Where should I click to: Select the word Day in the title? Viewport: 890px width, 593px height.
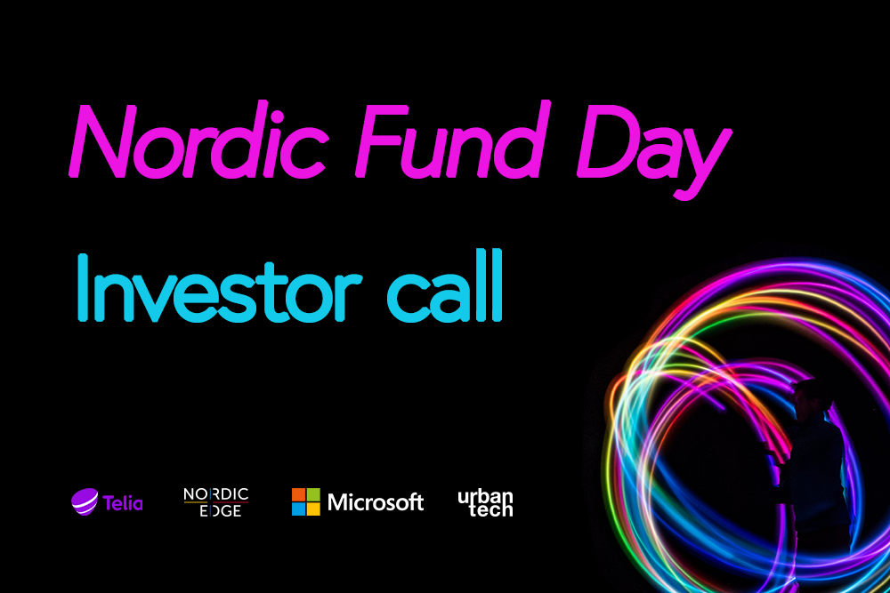pos(653,150)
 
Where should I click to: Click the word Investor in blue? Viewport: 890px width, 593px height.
pos(219,288)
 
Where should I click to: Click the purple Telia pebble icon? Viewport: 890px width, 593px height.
pos(85,501)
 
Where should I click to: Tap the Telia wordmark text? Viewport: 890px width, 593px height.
pos(123,503)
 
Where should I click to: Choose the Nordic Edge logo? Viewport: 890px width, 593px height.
pos(215,502)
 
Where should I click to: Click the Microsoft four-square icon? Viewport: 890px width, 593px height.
pos(306,501)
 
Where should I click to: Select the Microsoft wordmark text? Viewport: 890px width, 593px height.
pos(376,502)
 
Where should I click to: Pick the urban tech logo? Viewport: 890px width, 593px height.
pos(486,503)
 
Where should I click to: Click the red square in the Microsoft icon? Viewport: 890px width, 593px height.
pos(298,494)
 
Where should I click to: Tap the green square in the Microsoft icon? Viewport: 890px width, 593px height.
pos(313,494)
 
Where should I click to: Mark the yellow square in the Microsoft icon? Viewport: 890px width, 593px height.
pos(313,509)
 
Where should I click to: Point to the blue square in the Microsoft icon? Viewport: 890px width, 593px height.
pos(298,509)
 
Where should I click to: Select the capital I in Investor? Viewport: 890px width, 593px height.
pos(83,288)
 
